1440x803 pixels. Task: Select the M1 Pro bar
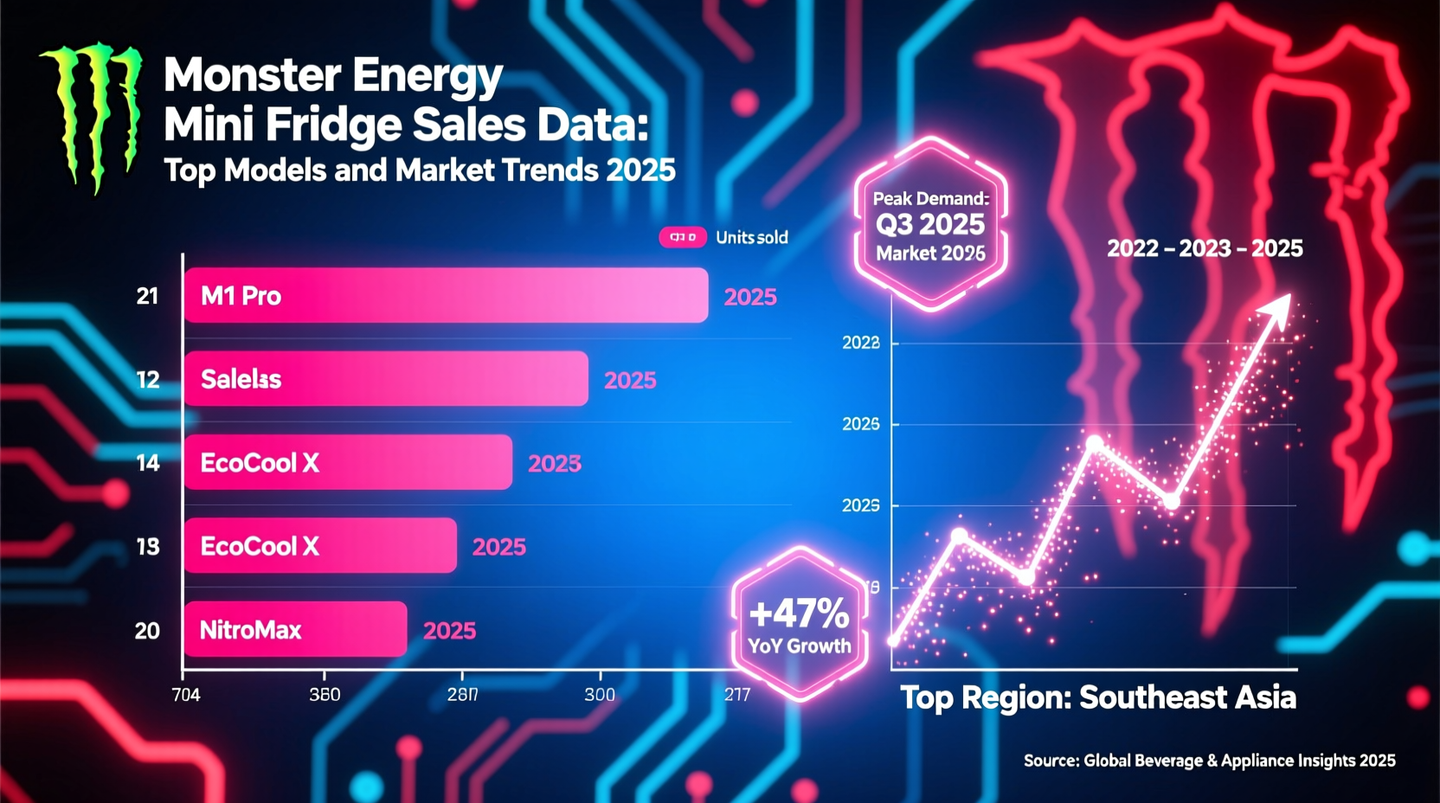(446, 295)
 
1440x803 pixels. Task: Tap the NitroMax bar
(295, 629)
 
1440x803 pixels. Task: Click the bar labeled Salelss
(386, 379)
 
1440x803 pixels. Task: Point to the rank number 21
(147, 296)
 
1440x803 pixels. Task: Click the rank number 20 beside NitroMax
(147, 630)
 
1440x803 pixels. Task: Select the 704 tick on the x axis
(186, 694)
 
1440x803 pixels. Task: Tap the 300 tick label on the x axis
(600, 694)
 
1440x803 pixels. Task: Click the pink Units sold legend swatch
(683, 237)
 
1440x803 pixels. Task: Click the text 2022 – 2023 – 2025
(1205, 248)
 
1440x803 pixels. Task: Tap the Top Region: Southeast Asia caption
(1098, 697)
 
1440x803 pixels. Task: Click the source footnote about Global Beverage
(1209, 760)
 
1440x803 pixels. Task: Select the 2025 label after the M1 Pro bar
(750, 297)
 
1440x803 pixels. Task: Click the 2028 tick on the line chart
(860, 343)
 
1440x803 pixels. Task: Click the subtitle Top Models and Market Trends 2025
(420, 170)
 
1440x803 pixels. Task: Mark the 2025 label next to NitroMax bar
(449, 630)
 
